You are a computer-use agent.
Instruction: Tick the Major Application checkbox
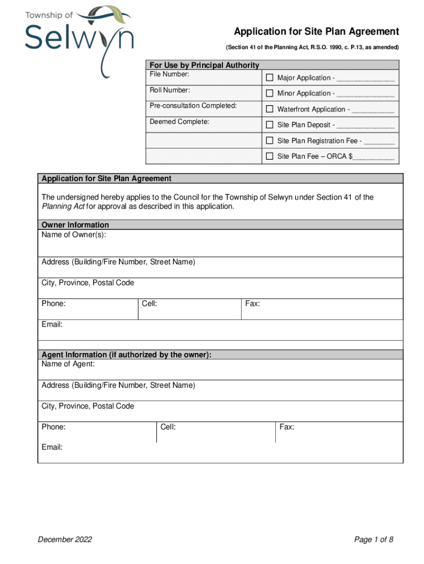[x=270, y=78]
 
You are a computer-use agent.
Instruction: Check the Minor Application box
[x=270, y=93]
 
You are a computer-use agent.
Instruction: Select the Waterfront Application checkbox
[x=270, y=109]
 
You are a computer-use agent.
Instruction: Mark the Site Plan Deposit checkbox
[x=270, y=124]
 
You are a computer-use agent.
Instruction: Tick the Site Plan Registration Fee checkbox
[x=270, y=140]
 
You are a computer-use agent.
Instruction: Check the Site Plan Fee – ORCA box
[x=270, y=156]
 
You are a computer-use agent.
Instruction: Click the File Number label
[x=170, y=74]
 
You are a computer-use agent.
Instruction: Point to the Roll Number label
[x=170, y=90]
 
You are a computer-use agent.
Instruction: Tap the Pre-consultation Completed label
[x=193, y=106]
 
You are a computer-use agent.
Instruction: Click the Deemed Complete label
[x=179, y=122]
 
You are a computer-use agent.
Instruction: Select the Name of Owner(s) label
[x=74, y=235]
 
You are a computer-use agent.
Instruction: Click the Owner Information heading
[x=75, y=225]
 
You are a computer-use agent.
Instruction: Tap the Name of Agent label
[x=68, y=364]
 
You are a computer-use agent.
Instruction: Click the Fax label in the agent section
[x=287, y=427]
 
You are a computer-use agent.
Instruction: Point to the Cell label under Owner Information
[x=149, y=303]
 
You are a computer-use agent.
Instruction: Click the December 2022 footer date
[x=64, y=539]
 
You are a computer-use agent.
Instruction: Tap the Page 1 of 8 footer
[x=373, y=539]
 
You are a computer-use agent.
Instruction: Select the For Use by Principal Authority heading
[x=204, y=65]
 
